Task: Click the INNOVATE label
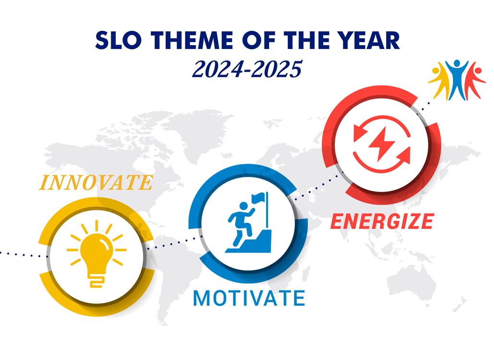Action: [95, 183]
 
